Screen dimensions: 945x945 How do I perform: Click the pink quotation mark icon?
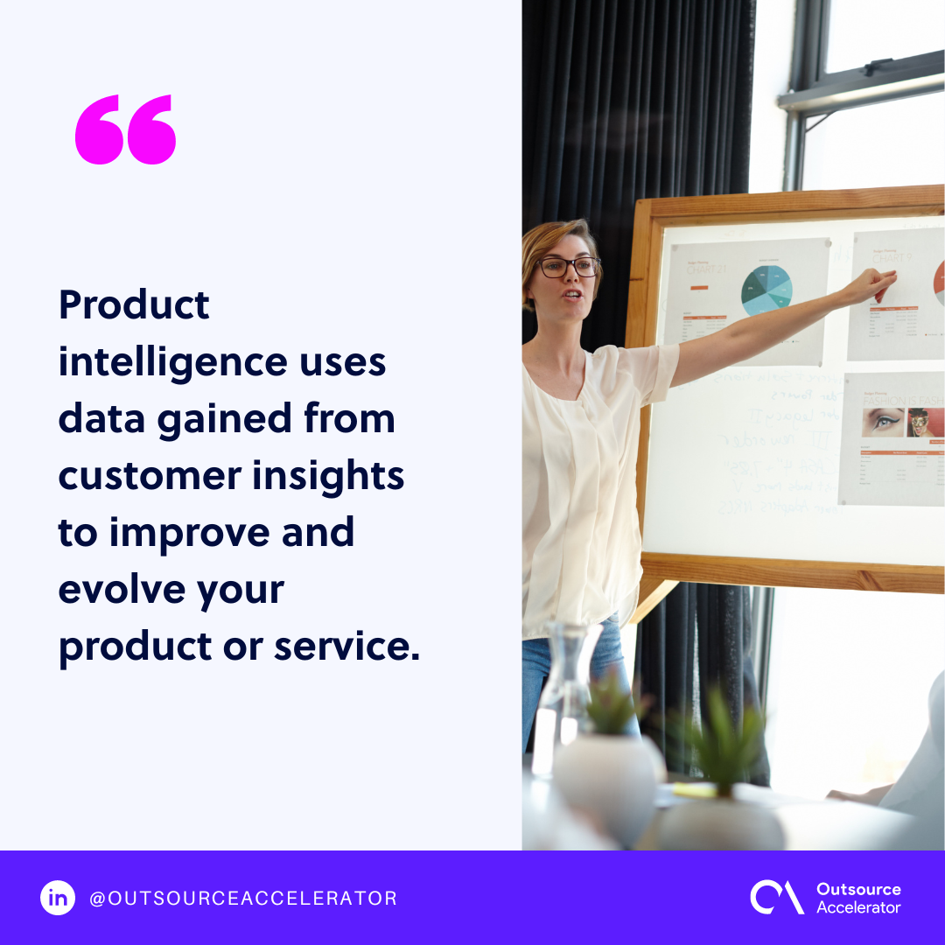[x=126, y=130]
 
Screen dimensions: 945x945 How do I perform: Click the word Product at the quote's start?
[x=134, y=305]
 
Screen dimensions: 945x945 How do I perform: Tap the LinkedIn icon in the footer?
[x=58, y=898]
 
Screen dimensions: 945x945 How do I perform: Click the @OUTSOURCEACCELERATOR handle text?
[x=243, y=898]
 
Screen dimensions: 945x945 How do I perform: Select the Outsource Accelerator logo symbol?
[x=776, y=898]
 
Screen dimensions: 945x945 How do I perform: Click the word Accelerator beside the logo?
[x=857, y=907]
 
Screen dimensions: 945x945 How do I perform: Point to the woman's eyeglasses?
[x=569, y=267]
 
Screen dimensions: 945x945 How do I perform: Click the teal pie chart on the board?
[x=766, y=290]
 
